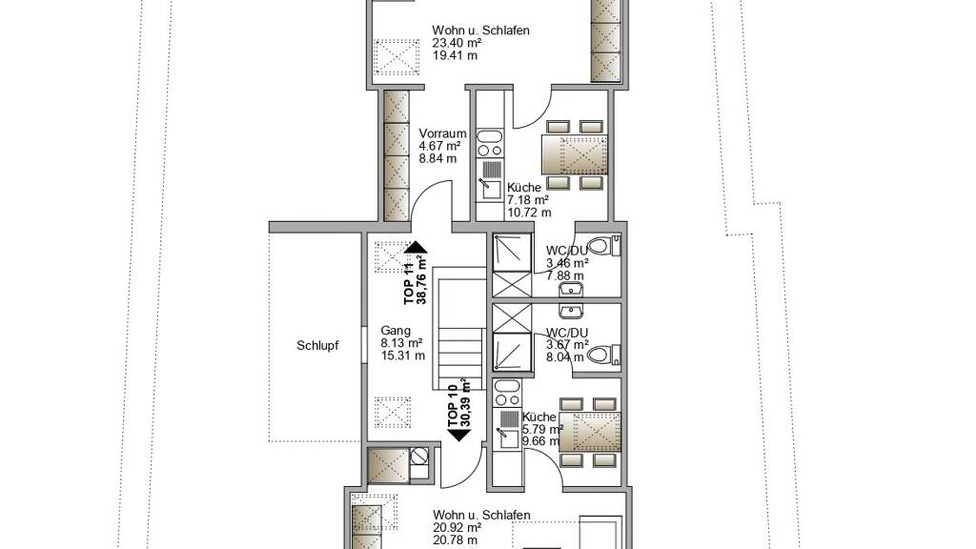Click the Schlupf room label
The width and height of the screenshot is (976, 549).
317,346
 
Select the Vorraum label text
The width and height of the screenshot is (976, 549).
442,133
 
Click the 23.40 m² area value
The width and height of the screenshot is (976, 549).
457,43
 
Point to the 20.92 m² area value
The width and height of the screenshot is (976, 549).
457,528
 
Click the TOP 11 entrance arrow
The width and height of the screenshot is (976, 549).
416,247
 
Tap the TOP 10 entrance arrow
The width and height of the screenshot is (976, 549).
459,435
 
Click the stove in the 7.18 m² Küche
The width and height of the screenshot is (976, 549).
489,144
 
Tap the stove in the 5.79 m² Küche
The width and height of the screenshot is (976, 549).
505,394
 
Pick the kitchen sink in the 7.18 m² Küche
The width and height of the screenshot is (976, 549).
489,180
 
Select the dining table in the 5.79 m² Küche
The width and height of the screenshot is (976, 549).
590,432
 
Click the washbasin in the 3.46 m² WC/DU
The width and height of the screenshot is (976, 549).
570,289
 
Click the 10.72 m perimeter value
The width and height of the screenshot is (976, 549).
529,213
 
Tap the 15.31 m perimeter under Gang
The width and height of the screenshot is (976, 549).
403,356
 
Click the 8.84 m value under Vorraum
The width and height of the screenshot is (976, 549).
437,158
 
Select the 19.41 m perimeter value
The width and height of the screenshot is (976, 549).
455,55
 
